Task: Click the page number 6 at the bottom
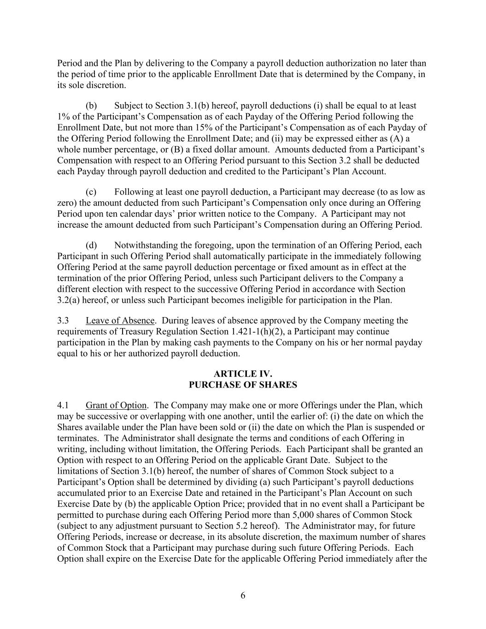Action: [x=243, y=596]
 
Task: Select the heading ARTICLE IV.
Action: [x=243, y=374]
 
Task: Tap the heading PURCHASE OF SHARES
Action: [x=243, y=385]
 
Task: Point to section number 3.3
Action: [x=63, y=321]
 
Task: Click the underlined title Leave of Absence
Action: [x=120, y=321]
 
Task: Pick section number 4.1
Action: [x=63, y=406]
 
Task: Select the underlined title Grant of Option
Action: [x=116, y=406]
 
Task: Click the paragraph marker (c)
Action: [x=91, y=192]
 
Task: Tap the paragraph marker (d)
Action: [x=91, y=246]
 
